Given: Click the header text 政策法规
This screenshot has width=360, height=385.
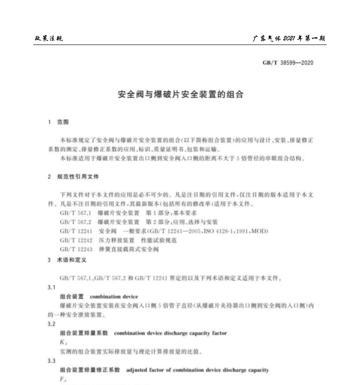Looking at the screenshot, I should [x=49, y=38].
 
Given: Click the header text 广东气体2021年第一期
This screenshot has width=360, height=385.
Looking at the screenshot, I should [x=289, y=38].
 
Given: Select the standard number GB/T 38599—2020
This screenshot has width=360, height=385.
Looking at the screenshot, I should [x=288, y=63].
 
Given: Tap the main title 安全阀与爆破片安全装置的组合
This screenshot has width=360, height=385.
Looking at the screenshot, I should [x=180, y=95].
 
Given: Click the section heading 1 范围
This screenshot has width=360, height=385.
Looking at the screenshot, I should [x=58, y=122].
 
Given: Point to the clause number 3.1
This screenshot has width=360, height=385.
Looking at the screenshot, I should [x=52, y=288].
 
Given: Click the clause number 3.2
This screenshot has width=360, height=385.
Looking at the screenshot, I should [x=52, y=324].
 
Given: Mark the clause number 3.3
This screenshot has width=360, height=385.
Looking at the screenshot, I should [x=52, y=361].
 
